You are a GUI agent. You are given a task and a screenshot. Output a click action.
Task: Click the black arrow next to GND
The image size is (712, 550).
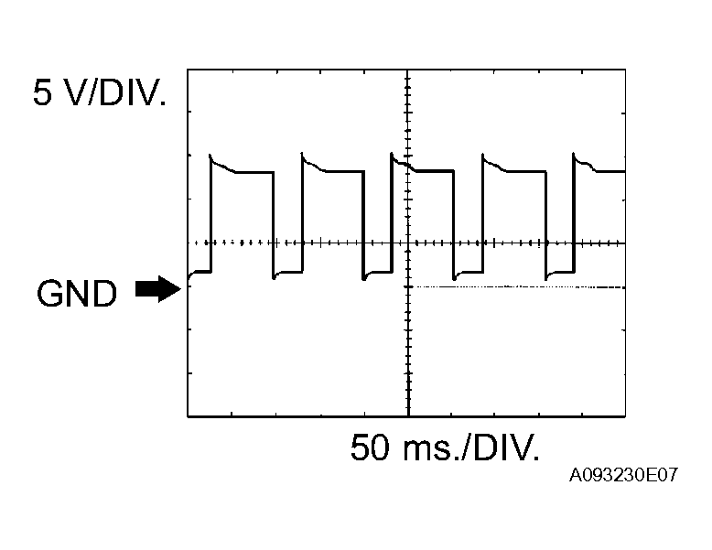pos(157,289)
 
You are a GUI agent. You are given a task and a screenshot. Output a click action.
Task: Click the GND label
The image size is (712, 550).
pos(77,294)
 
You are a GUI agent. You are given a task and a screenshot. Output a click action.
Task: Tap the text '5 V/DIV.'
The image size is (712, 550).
pos(100,93)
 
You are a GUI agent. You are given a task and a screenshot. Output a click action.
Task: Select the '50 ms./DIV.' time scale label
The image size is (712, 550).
pos(445,448)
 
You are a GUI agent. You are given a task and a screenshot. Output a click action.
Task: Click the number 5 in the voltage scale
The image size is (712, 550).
pos(43,93)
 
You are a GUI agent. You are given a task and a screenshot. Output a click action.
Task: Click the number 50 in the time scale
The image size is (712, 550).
pos(372,448)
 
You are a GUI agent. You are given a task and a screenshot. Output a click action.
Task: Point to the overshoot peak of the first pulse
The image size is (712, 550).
pos(213,156)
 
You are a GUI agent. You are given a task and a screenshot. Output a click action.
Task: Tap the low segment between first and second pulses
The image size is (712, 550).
pos(287,272)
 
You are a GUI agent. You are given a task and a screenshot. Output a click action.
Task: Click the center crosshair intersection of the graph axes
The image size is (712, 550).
pos(407,243)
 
